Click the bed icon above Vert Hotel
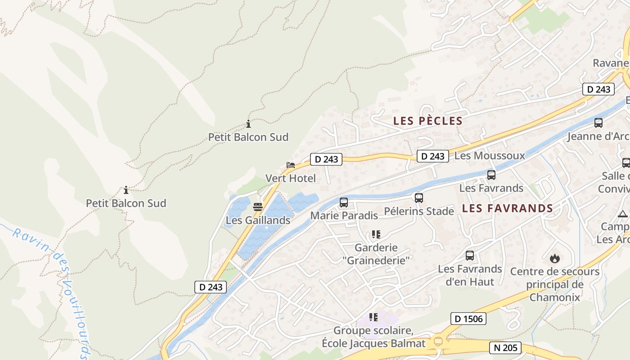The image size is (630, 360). click(x=291, y=165)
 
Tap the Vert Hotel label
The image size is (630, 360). click(x=291, y=178)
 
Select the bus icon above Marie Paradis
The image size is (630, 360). click(x=344, y=202)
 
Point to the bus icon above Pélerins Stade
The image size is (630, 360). click(x=419, y=198)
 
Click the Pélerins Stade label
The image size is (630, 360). click(x=419, y=211)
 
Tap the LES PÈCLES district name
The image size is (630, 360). click(x=428, y=121)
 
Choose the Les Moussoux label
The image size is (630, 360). click(x=490, y=156)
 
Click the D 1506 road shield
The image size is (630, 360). click(x=468, y=319)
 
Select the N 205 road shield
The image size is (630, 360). click(x=505, y=347)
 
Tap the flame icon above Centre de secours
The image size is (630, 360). click(x=554, y=258)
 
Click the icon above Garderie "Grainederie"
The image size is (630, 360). click(x=376, y=234)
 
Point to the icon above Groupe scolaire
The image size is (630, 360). click(x=373, y=317)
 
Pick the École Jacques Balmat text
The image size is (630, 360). click(x=373, y=343)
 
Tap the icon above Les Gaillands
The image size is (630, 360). click(x=258, y=207)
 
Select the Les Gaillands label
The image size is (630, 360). click(x=258, y=220)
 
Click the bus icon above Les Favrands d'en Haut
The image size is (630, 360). click(x=470, y=256)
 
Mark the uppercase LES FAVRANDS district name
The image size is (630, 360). click(x=508, y=208)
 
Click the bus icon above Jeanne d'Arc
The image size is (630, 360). click(x=598, y=123)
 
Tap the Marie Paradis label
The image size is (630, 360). click(x=344, y=216)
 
